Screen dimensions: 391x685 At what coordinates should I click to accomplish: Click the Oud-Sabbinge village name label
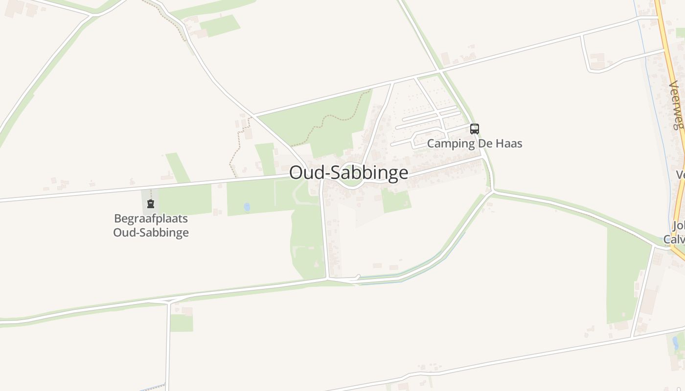point(348,173)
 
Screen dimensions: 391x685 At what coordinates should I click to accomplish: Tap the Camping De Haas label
point(474,144)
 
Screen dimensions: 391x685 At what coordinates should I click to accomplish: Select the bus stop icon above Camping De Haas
point(474,129)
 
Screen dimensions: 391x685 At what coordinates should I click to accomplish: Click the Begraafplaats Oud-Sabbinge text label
point(151,225)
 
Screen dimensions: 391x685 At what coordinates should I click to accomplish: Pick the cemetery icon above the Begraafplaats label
point(151,204)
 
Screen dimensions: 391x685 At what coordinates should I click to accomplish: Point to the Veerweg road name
point(676,105)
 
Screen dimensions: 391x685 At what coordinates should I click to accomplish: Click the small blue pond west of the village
point(247,207)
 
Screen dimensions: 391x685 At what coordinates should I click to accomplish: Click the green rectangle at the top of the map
point(220,25)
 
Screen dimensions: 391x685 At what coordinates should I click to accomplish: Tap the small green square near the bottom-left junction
point(181,323)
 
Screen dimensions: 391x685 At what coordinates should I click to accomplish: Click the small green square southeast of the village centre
point(396,201)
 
